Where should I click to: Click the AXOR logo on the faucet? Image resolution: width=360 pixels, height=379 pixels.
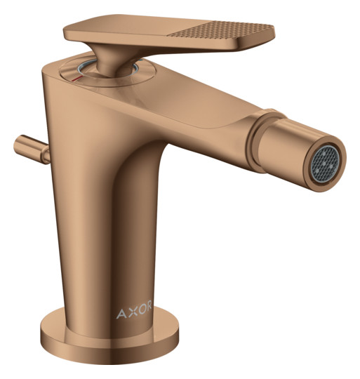(134, 310)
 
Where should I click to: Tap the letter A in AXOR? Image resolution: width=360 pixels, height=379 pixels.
(121, 314)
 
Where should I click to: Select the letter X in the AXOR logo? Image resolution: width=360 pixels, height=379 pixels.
(131, 311)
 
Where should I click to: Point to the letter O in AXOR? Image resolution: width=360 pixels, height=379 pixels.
(140, 308)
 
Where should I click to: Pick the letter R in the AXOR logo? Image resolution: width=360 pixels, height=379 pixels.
(149, 305)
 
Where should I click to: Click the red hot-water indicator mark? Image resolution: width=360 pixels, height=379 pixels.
(78, 79)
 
